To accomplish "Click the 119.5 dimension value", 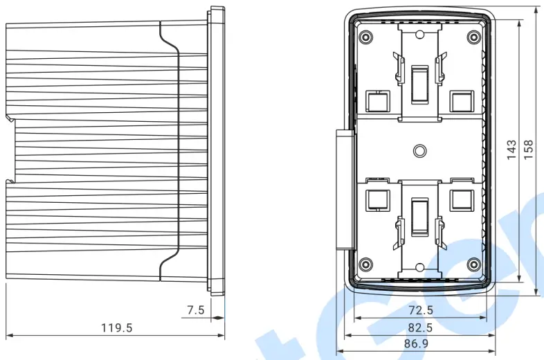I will click(x=117, y=327).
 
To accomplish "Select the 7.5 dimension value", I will click(x=196, y=310).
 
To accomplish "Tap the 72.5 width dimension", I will click(x=420, y=310).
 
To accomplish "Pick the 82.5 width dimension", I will click(x=420, y=327).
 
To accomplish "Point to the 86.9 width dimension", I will click(x=420, y=343).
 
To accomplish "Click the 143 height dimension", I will click(x=511, y=150).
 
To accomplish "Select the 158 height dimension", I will click(x=529, y=150).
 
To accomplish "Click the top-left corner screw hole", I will click(x=365, y=37).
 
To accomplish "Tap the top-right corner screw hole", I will click(x=473, y=37).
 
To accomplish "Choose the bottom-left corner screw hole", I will click(x=365, y=264).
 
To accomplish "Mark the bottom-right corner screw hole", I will click(x=473, y=264).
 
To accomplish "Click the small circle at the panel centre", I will click(x=419, y=150).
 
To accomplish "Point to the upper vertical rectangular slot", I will click(x=419, y=84).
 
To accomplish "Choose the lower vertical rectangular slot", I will click(x=419, y=217).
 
